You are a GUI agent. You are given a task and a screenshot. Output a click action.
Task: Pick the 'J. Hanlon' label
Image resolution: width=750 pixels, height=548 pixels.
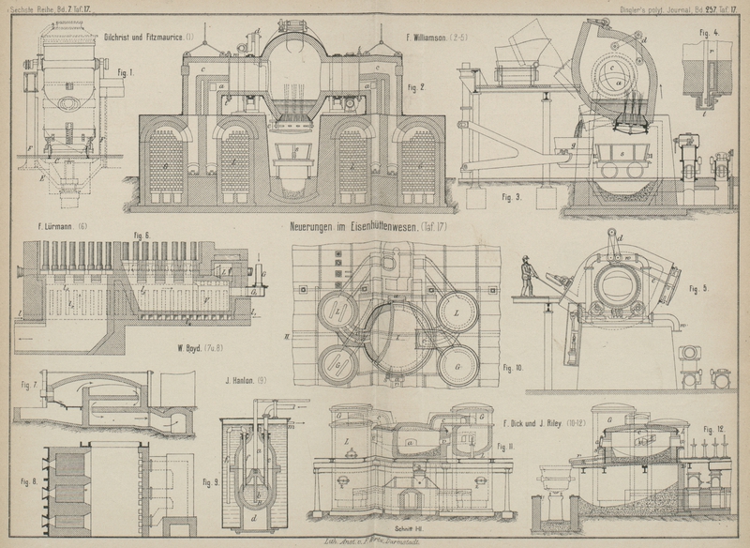pyautogui.click(x=246, y=381)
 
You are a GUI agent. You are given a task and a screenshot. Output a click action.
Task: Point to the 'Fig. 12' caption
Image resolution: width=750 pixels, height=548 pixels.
pyautogui.click(x=713, y=429)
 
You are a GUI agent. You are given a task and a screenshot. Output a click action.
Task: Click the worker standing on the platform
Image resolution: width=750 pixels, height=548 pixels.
pyautogui.click(x=527, y=277)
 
